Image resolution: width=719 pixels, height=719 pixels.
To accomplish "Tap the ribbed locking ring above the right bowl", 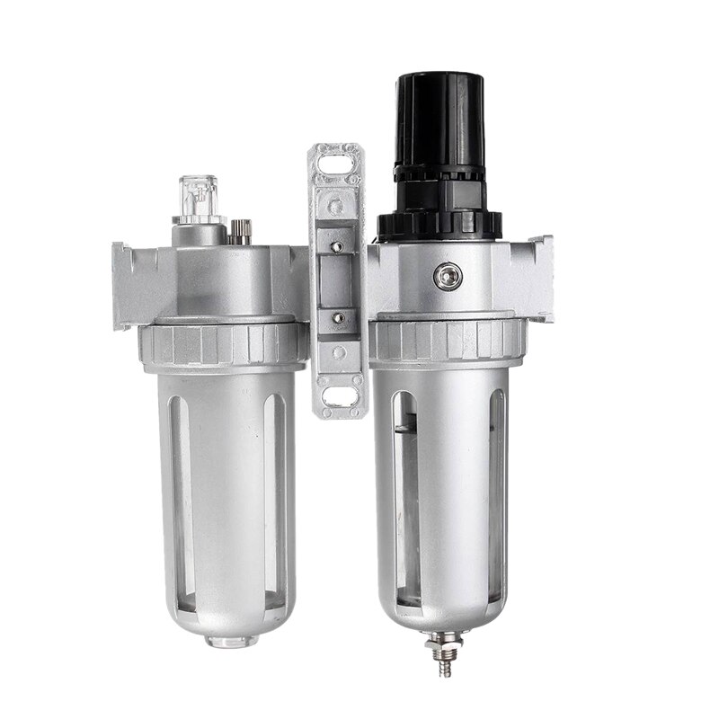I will tap(447, 342).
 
